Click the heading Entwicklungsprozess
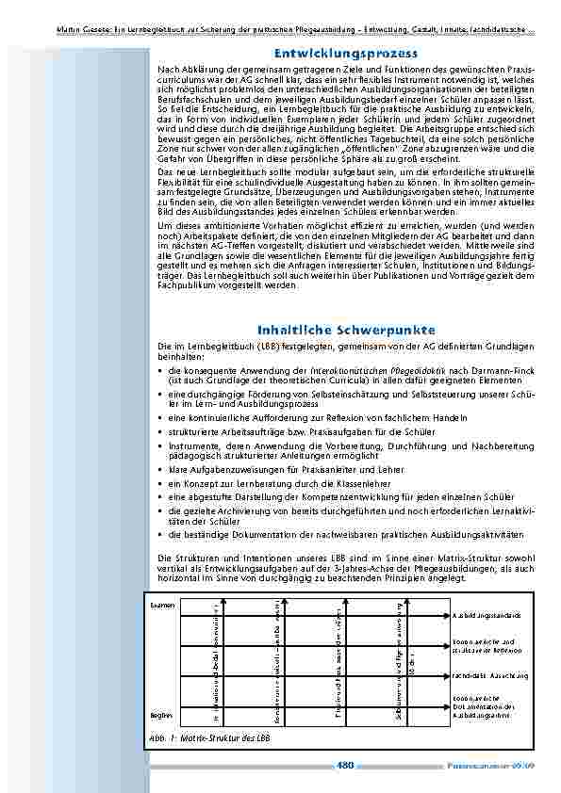tap(340, 54)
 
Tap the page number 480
tap(343, 765)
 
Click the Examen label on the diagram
tap(162, 604)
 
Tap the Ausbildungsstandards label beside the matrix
tap(485, 615)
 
